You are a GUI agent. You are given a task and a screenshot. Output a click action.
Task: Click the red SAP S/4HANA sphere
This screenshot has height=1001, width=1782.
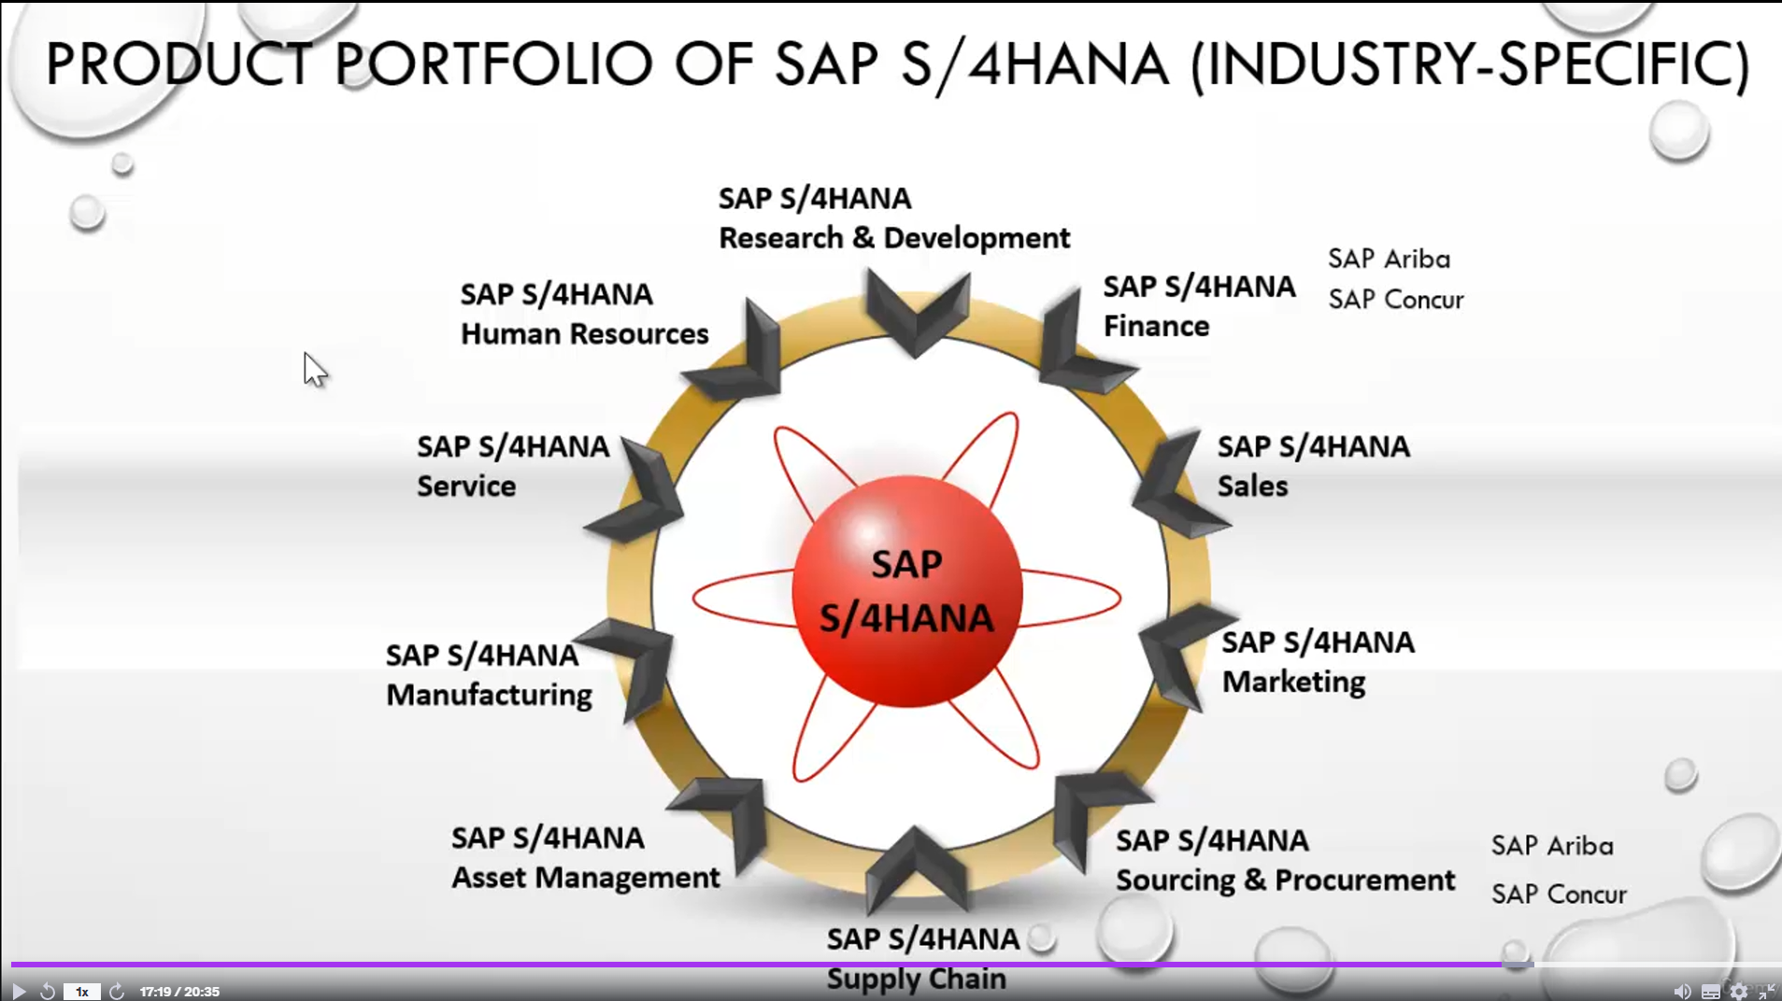coord(906,591)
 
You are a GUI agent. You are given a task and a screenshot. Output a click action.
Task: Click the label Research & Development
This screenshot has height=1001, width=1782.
coord(894,238)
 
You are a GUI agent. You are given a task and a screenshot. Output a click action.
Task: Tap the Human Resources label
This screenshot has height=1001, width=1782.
coord(584,333)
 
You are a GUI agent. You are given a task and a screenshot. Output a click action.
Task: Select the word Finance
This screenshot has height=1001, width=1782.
coord(1156,326)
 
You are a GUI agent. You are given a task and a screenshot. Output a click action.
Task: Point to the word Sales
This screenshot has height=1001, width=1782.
coord(1252,486)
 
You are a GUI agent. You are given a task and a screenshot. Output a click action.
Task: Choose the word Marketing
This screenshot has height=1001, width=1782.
coord(1293,683)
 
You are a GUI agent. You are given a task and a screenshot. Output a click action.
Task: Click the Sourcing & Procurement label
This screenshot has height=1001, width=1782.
coord(1285,880)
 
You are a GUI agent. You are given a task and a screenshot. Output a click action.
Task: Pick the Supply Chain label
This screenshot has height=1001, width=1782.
coord(916,979)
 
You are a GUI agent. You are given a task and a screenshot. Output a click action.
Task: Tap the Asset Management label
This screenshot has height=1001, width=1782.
coord(585,878)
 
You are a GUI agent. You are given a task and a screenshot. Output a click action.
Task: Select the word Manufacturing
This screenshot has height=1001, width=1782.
coord(489,696)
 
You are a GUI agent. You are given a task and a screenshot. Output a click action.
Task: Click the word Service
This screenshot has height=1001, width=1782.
coord(465,486)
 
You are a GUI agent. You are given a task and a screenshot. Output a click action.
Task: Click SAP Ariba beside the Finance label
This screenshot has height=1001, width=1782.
coord(1389,259)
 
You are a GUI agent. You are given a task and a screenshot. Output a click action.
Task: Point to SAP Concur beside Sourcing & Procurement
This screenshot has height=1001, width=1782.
coord(1559,894)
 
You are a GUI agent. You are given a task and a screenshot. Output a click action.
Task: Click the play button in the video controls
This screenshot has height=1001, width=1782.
coord(18,991)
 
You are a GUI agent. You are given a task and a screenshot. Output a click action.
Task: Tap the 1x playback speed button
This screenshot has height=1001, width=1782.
coord(81,992)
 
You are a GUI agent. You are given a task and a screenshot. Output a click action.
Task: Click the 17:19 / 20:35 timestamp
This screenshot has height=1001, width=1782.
coord(179,992)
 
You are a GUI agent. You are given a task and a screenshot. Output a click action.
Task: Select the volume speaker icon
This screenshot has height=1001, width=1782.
coord(1681,992)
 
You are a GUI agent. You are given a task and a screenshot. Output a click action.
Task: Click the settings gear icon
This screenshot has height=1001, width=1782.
coord(1738,992)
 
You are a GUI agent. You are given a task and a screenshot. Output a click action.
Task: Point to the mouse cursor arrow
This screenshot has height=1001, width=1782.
coord(315,370)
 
